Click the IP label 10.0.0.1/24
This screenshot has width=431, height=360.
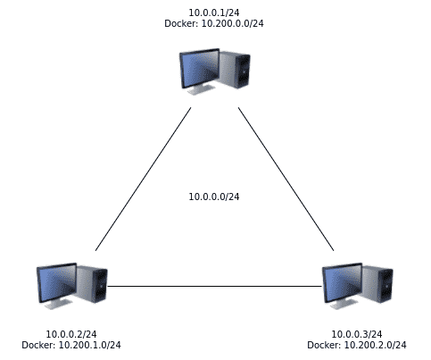pos(214,13)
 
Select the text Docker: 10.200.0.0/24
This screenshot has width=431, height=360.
pos(214,23)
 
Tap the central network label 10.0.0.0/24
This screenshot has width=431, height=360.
pos(214,197)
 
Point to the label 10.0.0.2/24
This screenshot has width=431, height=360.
pos(71,334)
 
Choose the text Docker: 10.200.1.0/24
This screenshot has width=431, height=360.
pos(71,345)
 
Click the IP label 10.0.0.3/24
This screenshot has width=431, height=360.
pos(357,334)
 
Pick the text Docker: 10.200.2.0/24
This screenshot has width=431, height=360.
pos(357,345)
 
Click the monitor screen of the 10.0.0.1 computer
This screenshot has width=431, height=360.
pos(200,68)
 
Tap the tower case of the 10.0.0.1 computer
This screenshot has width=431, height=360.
pos(235,70)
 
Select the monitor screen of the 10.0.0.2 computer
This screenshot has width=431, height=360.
pos(57,282)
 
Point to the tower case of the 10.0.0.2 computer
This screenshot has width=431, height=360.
pos(92,284)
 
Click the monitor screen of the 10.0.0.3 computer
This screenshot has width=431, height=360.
pos(343,282)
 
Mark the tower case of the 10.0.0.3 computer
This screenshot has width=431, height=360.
pos(377,284)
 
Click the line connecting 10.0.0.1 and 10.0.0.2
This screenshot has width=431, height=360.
pos(143,179)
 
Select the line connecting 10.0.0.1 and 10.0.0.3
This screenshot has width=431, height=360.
pos(286,179)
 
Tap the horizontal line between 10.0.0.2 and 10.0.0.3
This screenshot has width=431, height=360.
pos(214,287)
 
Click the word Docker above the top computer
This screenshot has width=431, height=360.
pos(181,23)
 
